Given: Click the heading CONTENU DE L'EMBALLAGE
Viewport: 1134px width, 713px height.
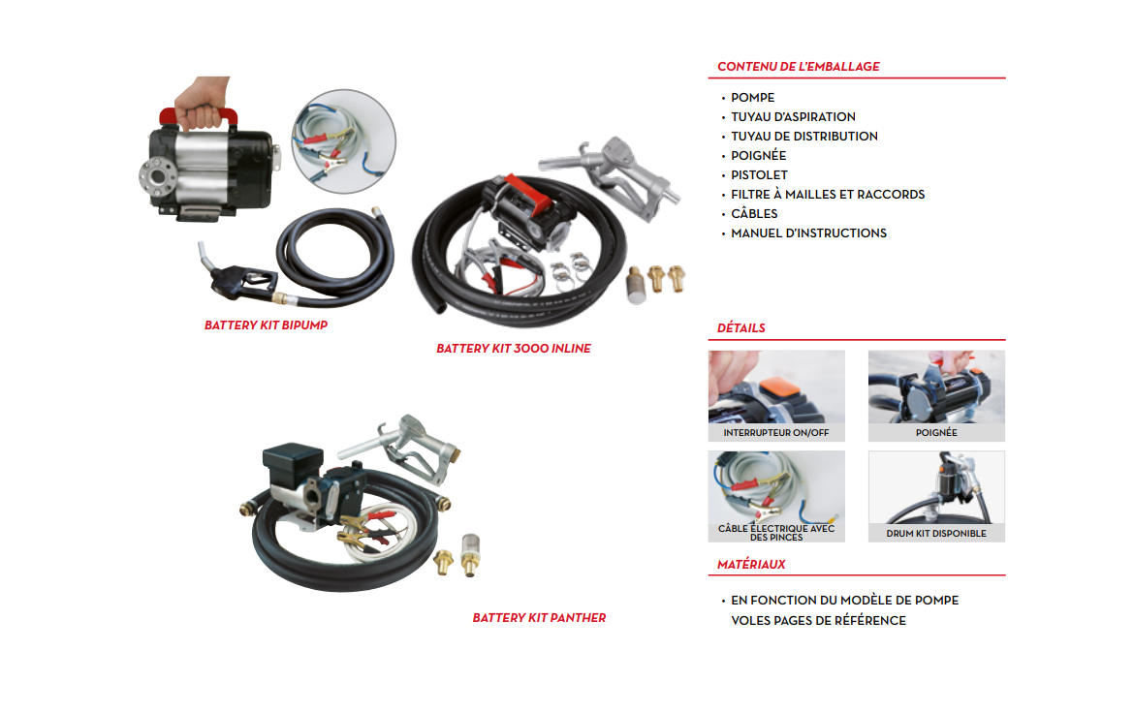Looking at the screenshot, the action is coord(798,67).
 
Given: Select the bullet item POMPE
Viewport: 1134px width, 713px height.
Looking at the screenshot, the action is coord(752,98).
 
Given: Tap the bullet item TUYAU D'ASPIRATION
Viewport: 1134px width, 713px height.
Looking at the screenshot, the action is coord(793,117).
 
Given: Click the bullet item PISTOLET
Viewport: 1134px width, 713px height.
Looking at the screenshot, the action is coord(759,175).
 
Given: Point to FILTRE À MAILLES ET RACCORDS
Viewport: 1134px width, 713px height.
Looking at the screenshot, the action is coord(828,195).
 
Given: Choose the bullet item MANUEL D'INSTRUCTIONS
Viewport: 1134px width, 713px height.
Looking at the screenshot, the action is coord(808,233).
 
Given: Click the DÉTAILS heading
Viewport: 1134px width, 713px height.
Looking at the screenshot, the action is coord(740,328).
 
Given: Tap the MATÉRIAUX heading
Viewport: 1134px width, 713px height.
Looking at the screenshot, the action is coord(751,565).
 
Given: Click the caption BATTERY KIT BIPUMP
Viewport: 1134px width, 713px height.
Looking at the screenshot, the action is coord(266,325).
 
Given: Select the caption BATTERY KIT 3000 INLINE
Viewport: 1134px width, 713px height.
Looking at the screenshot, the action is coord(514,349).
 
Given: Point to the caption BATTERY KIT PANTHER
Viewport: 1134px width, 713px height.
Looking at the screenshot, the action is coord(539,618).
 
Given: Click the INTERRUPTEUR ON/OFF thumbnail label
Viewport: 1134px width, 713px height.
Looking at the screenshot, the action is coord(776,433).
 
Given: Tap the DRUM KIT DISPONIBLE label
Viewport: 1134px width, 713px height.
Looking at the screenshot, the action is coord(936,534).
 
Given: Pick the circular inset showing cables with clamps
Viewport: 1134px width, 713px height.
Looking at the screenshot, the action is coord(343,141).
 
